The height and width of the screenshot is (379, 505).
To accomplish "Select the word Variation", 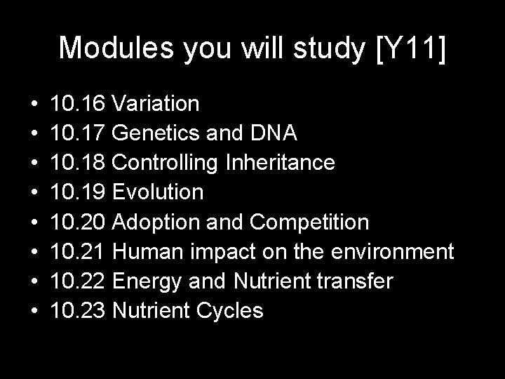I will coord(155,105).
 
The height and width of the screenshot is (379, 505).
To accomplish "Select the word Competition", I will coord(308,222).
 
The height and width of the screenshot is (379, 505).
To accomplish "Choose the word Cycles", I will coord(229,311).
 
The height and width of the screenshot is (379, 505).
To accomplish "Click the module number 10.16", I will coord(78,105).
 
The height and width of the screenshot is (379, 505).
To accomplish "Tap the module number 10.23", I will coord(78,311).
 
